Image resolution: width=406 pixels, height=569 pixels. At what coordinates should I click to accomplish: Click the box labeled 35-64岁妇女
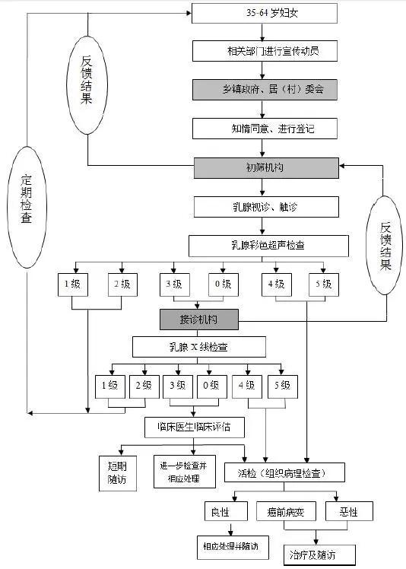(264, 13)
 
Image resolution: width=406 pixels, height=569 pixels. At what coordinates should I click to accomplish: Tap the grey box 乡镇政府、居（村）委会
(264, 89)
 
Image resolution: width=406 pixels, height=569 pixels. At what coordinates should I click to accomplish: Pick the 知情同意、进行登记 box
(264, 128)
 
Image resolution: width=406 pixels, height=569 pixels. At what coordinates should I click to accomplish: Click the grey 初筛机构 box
(264, 167)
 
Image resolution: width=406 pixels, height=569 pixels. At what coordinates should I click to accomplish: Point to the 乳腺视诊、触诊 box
(264, 207)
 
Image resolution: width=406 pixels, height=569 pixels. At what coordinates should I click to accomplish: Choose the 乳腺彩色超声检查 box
(268, 246)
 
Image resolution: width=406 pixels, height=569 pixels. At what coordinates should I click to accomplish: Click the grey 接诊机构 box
(198, 319)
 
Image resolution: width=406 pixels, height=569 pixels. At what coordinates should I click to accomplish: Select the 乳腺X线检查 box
(198, 348)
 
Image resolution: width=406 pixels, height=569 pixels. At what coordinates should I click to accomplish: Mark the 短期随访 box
(118, 471)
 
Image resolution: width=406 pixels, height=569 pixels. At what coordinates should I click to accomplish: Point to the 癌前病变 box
(290, 510)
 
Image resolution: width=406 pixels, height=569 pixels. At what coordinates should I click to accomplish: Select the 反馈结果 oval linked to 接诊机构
(385, 246)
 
